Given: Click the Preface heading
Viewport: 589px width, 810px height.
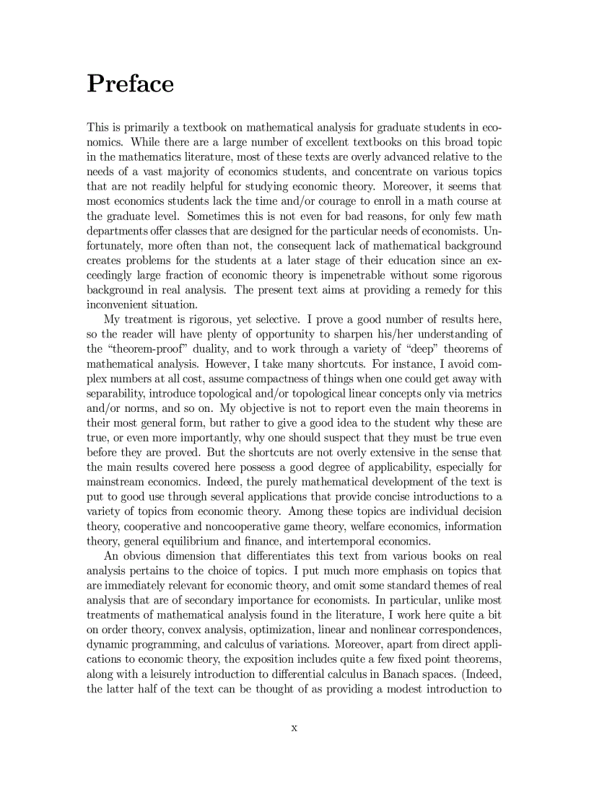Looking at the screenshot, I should [x=130, y=84].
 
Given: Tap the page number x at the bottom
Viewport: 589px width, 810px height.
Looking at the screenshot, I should [x=294, y=728].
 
